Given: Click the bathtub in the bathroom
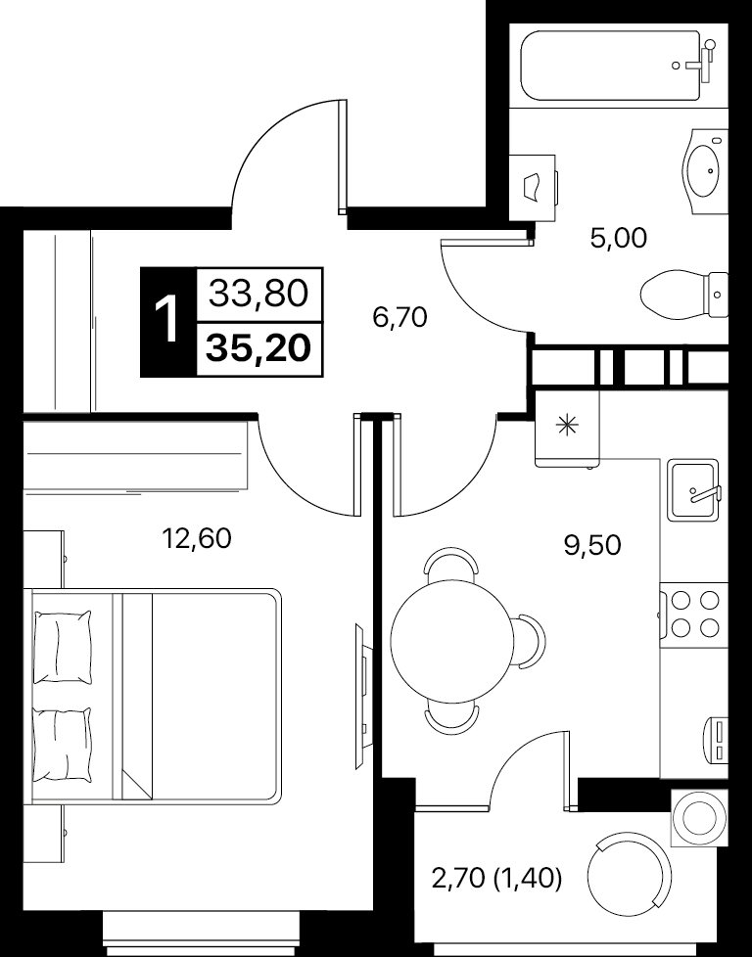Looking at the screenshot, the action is coord(617,66).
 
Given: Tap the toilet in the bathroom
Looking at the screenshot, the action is coord(684,295).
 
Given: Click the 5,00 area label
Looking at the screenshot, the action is coord(618,238).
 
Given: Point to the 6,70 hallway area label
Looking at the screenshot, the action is coord(400,317).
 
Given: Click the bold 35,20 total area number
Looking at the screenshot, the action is coord(258,348).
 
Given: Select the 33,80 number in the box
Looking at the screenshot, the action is coord(258,295).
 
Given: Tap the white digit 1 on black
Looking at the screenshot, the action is coord(166,321).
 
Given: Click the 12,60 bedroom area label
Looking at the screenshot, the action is coord(196,539).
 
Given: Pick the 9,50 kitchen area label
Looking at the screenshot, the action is coord(592,545).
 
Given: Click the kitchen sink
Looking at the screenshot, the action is coord(693,490).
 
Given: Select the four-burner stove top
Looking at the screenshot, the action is coord(693,614).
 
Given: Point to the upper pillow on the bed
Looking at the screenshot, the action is coord(63,647).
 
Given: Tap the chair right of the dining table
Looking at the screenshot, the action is coord(529,641).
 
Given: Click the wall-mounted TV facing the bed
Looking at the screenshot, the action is coord(361,697).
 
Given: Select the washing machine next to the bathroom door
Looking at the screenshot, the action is coord(534,187).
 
